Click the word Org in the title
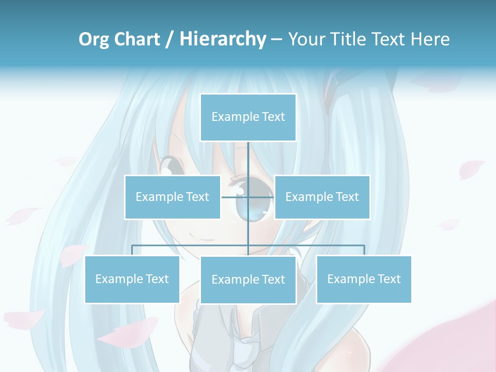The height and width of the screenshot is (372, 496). click(94, 39)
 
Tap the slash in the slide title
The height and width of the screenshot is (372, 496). click(169, 39)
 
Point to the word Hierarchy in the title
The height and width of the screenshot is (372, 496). click(223, 39)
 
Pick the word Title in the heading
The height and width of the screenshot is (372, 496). click(349, 39)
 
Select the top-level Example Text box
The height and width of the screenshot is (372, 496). click(248, 117)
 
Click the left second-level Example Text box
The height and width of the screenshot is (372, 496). click(172, 197)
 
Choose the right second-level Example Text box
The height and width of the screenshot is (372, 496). click(322, 197)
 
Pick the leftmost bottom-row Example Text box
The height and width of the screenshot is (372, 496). click(132, 280)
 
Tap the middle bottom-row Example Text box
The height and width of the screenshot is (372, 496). click(248, 280)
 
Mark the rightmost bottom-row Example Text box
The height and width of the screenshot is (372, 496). click(364, 280)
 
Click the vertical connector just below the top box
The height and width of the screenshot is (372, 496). click(248, 158)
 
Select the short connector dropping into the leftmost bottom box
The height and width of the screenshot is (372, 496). click(132, 251)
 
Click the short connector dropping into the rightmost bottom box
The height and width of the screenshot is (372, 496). click(364, 251)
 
